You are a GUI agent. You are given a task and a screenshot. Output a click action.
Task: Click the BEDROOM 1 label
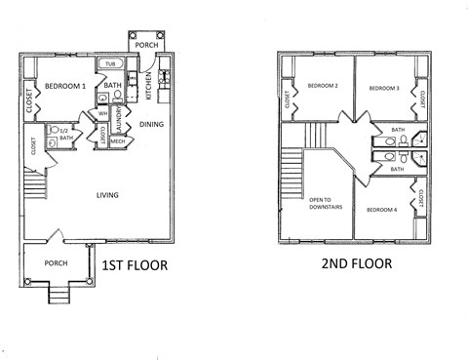[65, 86]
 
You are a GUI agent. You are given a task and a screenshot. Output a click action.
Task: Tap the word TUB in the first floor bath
[110, 64]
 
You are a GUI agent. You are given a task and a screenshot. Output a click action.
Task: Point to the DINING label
[151, 124]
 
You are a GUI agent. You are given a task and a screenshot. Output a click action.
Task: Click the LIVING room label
[107, 195]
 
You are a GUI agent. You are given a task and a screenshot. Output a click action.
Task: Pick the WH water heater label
[102, 114]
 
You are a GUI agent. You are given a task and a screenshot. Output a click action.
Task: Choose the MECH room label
[117, 142]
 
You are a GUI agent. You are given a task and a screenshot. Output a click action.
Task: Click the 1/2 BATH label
[65, 135]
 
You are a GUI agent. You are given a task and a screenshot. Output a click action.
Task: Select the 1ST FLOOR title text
[134, 264]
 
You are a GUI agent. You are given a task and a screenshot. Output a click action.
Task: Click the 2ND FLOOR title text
[356, 263]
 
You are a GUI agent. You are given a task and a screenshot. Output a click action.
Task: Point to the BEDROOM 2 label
[323, 86]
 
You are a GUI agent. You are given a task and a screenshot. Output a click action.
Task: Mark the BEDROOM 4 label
[381, 210]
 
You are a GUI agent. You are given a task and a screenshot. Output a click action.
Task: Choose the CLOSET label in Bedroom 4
[420, 200]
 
